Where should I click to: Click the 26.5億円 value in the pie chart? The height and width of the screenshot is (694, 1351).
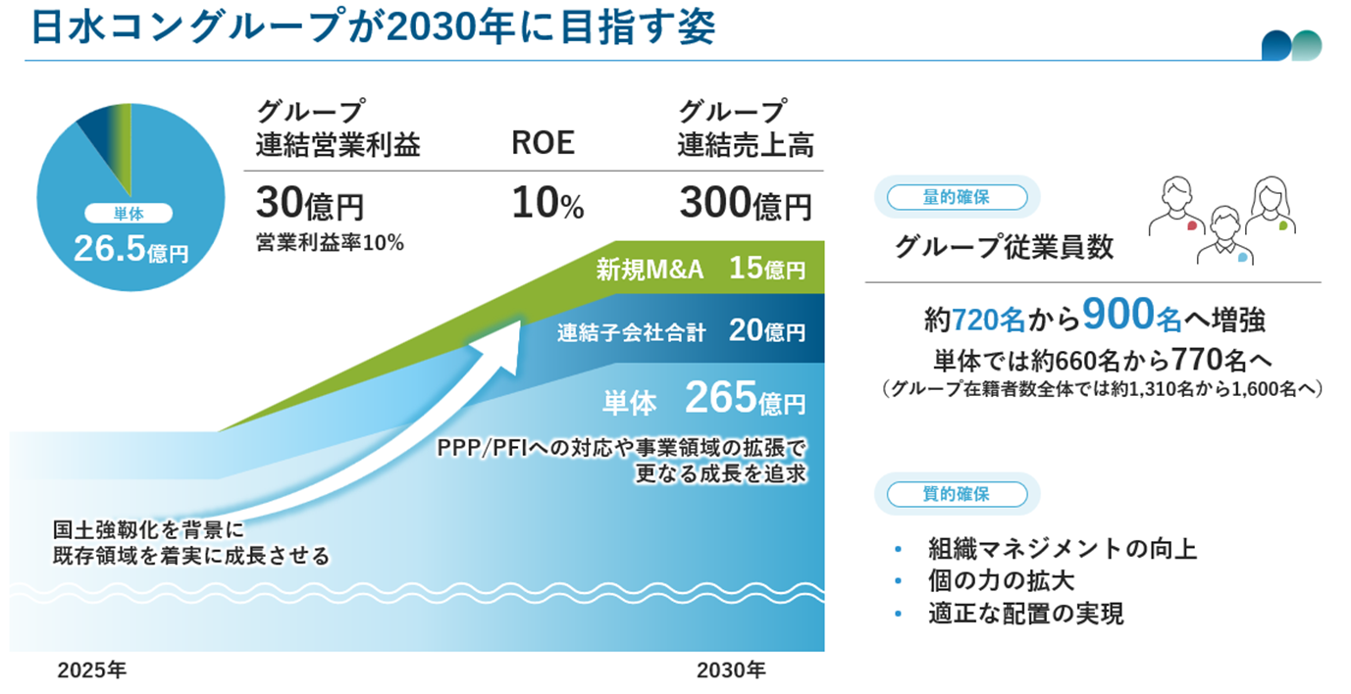[130, 249]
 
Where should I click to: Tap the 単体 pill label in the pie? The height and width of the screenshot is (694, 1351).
[129, 214]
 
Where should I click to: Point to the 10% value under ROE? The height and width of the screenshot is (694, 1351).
[547, 205]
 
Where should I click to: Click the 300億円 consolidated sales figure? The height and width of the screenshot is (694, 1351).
[745, 205]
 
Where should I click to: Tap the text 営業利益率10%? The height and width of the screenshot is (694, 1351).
[329, 243]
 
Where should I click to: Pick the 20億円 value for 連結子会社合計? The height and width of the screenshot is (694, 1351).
[766, 331]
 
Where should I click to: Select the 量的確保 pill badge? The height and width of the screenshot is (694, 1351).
[956, 197]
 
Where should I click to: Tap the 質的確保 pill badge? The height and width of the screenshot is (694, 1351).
[956, 494]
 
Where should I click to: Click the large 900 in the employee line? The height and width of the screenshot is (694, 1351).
[1116, 315]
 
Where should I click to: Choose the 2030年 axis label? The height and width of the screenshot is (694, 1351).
[731, 671]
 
